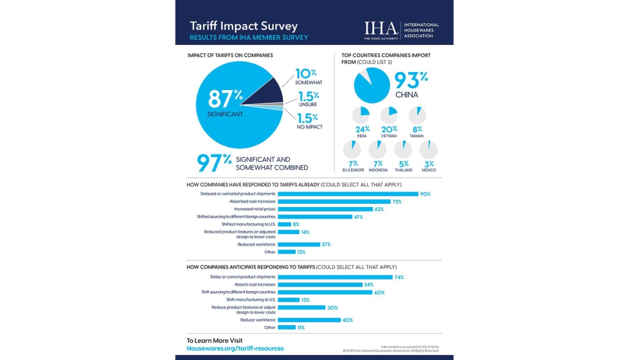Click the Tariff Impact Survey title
[x=243, y=26]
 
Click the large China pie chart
[x=372, y=85]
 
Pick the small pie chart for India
[x=361, y=116]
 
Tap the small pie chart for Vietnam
[x=389, y=116]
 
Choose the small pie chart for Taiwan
[x=417, y=116]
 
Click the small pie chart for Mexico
[x=429, y=150]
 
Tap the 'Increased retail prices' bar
[x=325, y=209]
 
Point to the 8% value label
[x=296, y=224]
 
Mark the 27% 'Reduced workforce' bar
[x=299, y=244]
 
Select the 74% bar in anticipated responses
[x=335, y=277]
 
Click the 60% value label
[x=379, y=292]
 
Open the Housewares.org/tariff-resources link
[x=235, y=348]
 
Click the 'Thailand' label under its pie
[x=403, y=170]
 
